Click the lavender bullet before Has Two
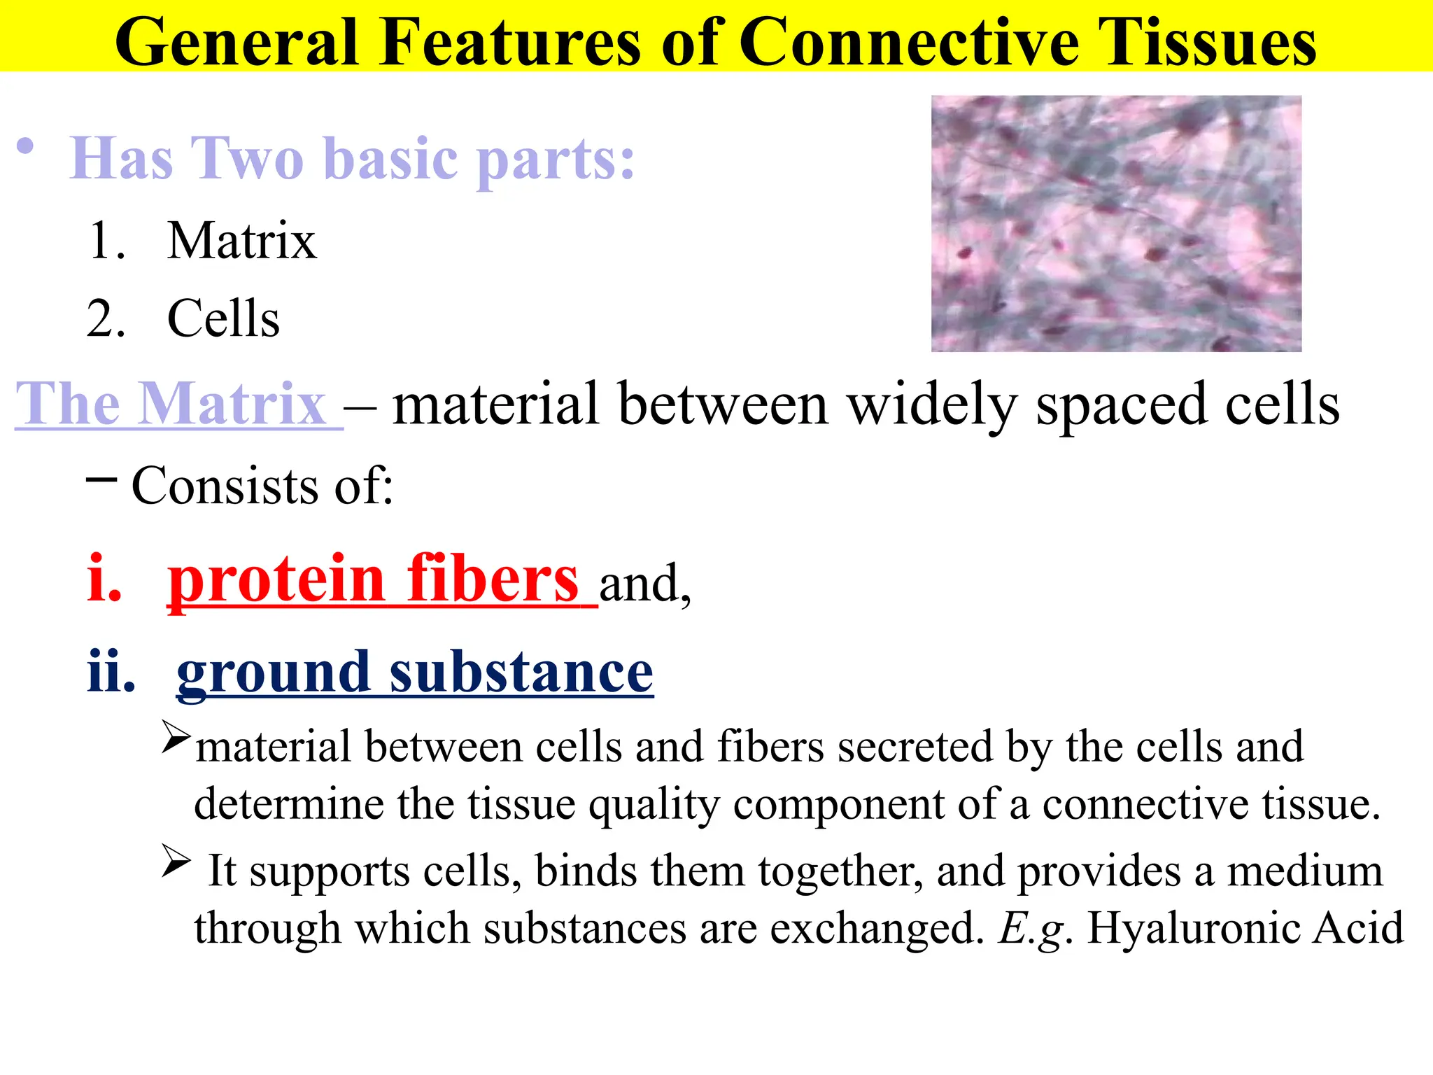(x=25, y=147)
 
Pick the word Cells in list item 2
(x=223, y=319)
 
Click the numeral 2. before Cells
(x=106, y=319)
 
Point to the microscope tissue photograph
(x=1116, y=224)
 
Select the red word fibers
(x=493, y=579)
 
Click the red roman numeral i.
(x=104, y=579)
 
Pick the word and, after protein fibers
(x=644, y=584)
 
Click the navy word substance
(x=521, y=672)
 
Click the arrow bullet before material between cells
(x=175, y=737)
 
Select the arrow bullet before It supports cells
(x=175, y=861)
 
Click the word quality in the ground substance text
(x=654, y=805)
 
